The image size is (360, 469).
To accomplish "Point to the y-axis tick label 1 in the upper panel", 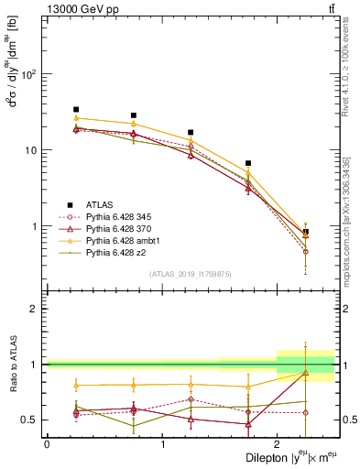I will coord(36,226).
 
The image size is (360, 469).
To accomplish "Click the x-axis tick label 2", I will coord(277,443).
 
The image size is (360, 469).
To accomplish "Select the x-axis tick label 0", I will coord(47,443).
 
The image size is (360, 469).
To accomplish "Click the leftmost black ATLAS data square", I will coord(76,109).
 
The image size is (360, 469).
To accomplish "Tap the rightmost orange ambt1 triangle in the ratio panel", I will coord(306,373).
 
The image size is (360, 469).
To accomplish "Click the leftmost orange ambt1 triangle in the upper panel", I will coord(76,118).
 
